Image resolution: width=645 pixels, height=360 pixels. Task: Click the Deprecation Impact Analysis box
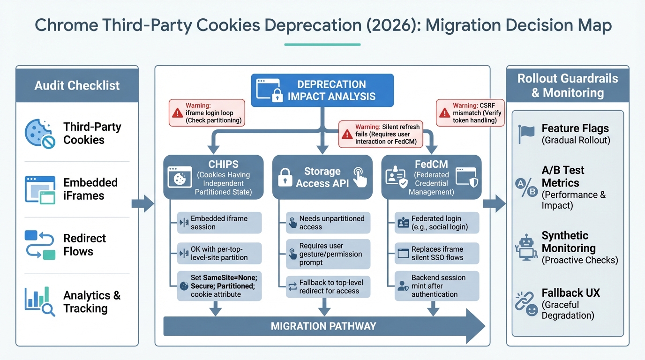(x=322, y=90)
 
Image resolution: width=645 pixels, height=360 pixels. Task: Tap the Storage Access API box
(x=322, y=177)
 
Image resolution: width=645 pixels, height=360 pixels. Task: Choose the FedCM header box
(x=431, y=177)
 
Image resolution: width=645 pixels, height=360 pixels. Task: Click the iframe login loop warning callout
(x=207, y=113)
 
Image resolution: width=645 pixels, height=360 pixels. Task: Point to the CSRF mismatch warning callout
(x=470, y=113)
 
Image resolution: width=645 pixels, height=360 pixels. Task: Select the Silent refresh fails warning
(x=381, y=134)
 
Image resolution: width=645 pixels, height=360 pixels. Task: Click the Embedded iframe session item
(x=219, y=223)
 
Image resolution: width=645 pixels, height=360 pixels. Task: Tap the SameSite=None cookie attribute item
(x=219, y=286)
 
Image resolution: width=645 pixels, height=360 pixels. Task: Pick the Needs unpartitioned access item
(x=328, y=223)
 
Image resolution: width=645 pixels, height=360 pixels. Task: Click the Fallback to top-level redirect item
(x=328, y=286)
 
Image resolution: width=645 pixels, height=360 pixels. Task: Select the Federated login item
(x=437, y=223)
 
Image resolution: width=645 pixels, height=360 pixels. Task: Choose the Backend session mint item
(x=437, y=286)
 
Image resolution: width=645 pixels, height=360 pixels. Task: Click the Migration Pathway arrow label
(x=323, y=326)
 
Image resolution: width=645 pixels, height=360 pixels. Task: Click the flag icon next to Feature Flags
(x=526, y=134)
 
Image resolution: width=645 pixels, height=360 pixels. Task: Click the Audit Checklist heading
(x=77, y=85)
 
